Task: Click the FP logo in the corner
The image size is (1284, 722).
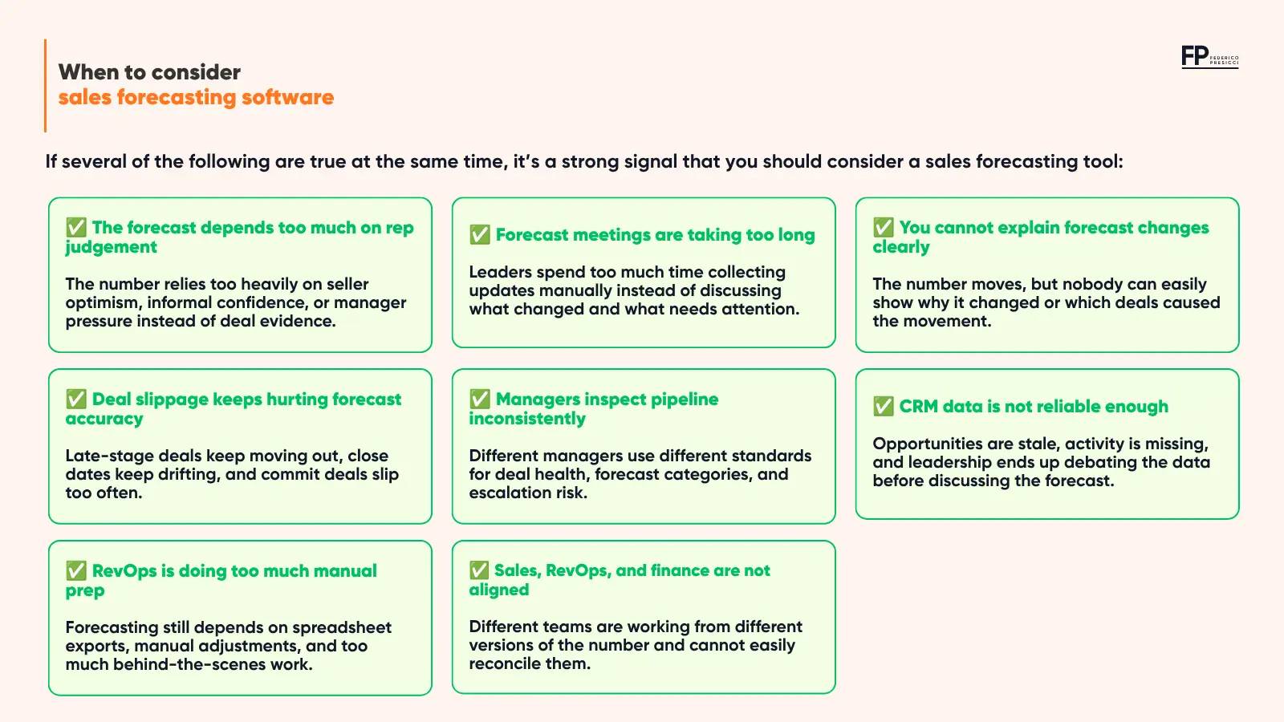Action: pyautogui.click(x=1209, y=57)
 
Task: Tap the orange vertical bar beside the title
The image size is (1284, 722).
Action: pyautogui.click(x=45, y=85)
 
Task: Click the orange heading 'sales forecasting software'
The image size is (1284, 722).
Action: pyautogui.click(x=196, y=97)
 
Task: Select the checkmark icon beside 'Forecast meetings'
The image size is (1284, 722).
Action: pyautogui.click(x=480, y=234)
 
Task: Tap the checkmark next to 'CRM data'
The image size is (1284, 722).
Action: pyautogui.click(x=884, y=406)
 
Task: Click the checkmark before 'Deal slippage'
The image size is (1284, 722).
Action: pyautogui.click(x=76, y=399)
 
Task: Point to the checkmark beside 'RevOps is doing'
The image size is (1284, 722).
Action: pyautogui.click(x=76, y=570)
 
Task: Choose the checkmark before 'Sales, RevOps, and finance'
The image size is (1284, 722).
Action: pyautogui.click(x=479, y=570)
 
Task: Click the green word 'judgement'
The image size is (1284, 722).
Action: pyautogui.click(x=111, y=248)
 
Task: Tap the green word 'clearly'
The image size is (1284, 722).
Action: pyautogui.click(x=901, y=248)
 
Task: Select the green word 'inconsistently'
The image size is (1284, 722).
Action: pyautogui.click(x=527, y=419)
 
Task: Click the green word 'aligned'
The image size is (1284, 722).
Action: pyautogui.click(x=498, y=590)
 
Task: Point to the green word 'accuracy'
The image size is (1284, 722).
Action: pyautogui.click(x=104, y=420)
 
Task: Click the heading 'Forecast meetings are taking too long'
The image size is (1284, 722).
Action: pyautogui.click(x=655, y=235)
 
